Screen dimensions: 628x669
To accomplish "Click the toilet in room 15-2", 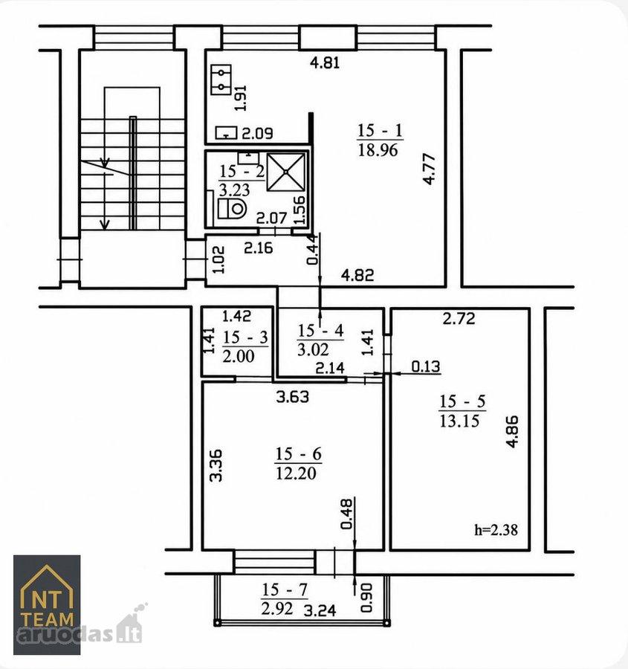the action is tap(233, 209).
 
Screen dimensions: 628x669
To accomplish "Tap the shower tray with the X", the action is tap(286, 172).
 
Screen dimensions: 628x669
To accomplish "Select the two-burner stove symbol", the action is tap(221, 80).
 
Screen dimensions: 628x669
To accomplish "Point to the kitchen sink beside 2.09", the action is tap(226, 133).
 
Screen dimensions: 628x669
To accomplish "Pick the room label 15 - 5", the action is tap(462, 401).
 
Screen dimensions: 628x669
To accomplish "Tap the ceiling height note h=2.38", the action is tap(496, 529).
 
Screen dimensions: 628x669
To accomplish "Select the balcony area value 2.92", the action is tap(277, 608).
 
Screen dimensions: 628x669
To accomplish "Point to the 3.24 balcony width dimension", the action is tap(320, 611).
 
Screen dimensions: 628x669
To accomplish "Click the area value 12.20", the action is tap(296, 473).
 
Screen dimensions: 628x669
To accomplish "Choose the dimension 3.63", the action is tap(293, 397).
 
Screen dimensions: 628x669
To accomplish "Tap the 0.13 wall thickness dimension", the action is tap(426, 366).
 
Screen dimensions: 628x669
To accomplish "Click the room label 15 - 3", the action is tap(245, 337).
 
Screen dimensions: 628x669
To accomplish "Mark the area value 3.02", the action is tap(313, 350).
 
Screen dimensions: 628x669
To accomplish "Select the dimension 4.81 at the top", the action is tap(325, 63).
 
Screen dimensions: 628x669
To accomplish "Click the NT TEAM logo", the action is tap(47, 604).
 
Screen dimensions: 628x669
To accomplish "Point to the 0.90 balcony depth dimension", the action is tap(366, 598).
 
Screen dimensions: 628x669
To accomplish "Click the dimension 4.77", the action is tap(429, 169).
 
